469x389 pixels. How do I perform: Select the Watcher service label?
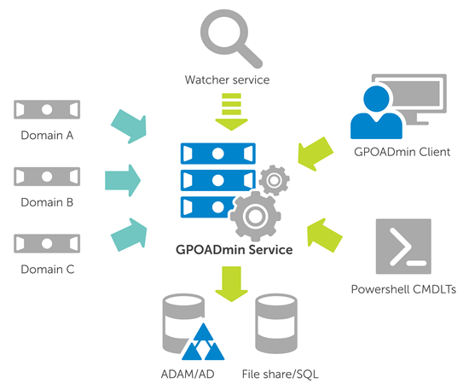[x=227, y=80]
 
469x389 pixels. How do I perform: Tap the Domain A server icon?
[x=47, y=109]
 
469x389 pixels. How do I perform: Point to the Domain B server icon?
[x=47, y=177]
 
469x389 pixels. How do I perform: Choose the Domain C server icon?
[x=47, y=244]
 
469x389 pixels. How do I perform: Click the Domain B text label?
[x=47, y=202]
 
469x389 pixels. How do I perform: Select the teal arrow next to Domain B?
[x=123, y=181]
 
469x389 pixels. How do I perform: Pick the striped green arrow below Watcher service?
[x=231, y=112]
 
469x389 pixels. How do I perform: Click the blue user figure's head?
[x=376, y=99]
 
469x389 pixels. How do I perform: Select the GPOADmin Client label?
[x=402, y=152]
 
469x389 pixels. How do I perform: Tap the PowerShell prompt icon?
[x=403, y=247]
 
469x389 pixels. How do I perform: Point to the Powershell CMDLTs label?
[x=403, y=289]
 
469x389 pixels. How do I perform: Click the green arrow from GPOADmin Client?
[x=316, y=154]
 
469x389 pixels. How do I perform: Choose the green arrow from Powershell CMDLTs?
[x=325, y=235]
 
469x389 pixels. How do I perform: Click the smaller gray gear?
[x=274, y=180]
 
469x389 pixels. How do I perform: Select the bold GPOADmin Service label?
[x=234, y=250]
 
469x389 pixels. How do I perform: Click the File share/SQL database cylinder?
[x=276, y=324]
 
